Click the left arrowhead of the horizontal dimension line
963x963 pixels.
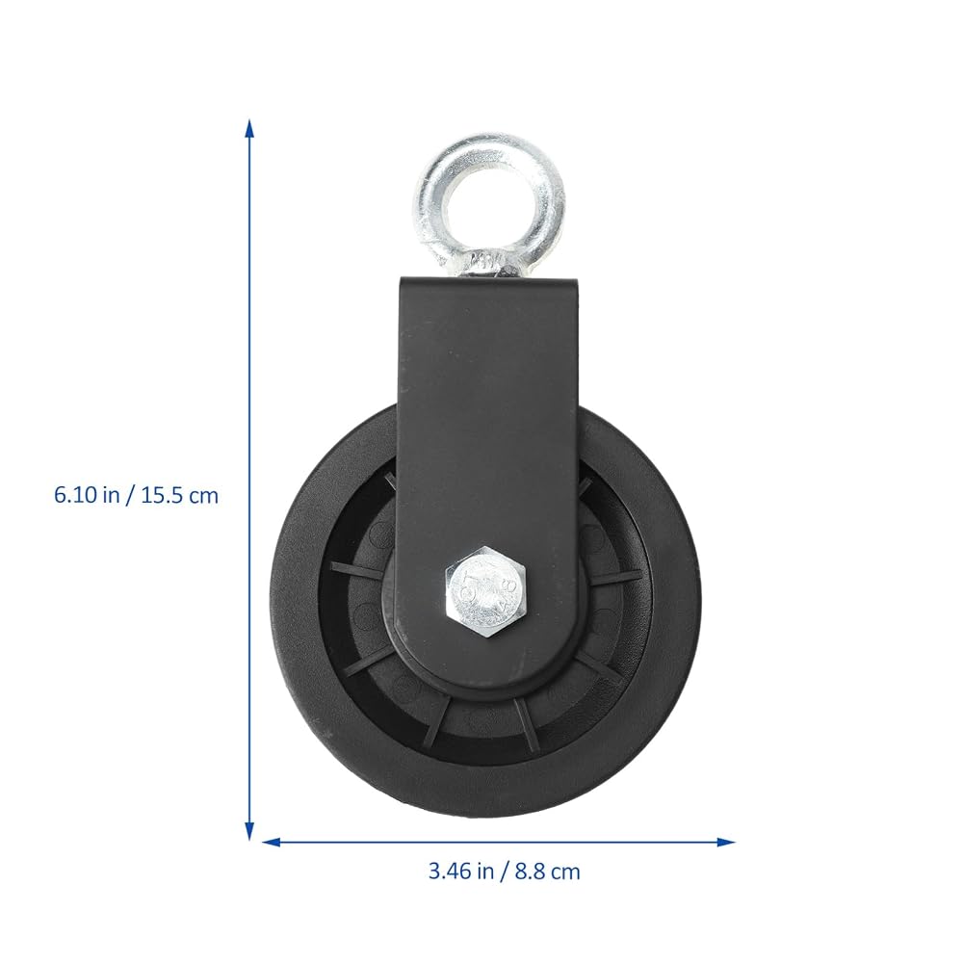click(x=272, y=842)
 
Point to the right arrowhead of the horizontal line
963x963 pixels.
click(x=726, y=842)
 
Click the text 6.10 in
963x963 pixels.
click(x=87, y=495)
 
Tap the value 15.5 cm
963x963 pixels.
click(x=180, y=495)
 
